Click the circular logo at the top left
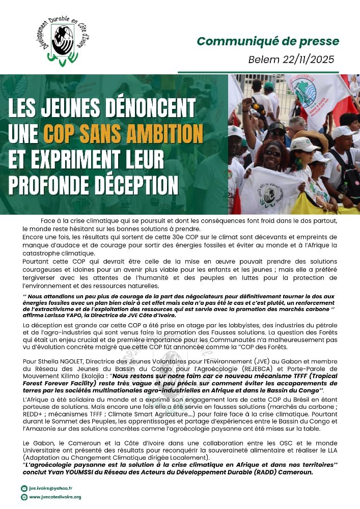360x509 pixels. click(x=63, y=42)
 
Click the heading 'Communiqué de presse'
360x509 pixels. click(x=267, y=41)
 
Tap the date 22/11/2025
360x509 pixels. click(x=305, y=59)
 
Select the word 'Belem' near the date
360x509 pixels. click(x=260, y=59)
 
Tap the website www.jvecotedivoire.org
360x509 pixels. click(x=58, y=497)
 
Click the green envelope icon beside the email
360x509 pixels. click(x=24, y=488)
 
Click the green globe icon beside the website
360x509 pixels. click(x=24, y=497)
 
